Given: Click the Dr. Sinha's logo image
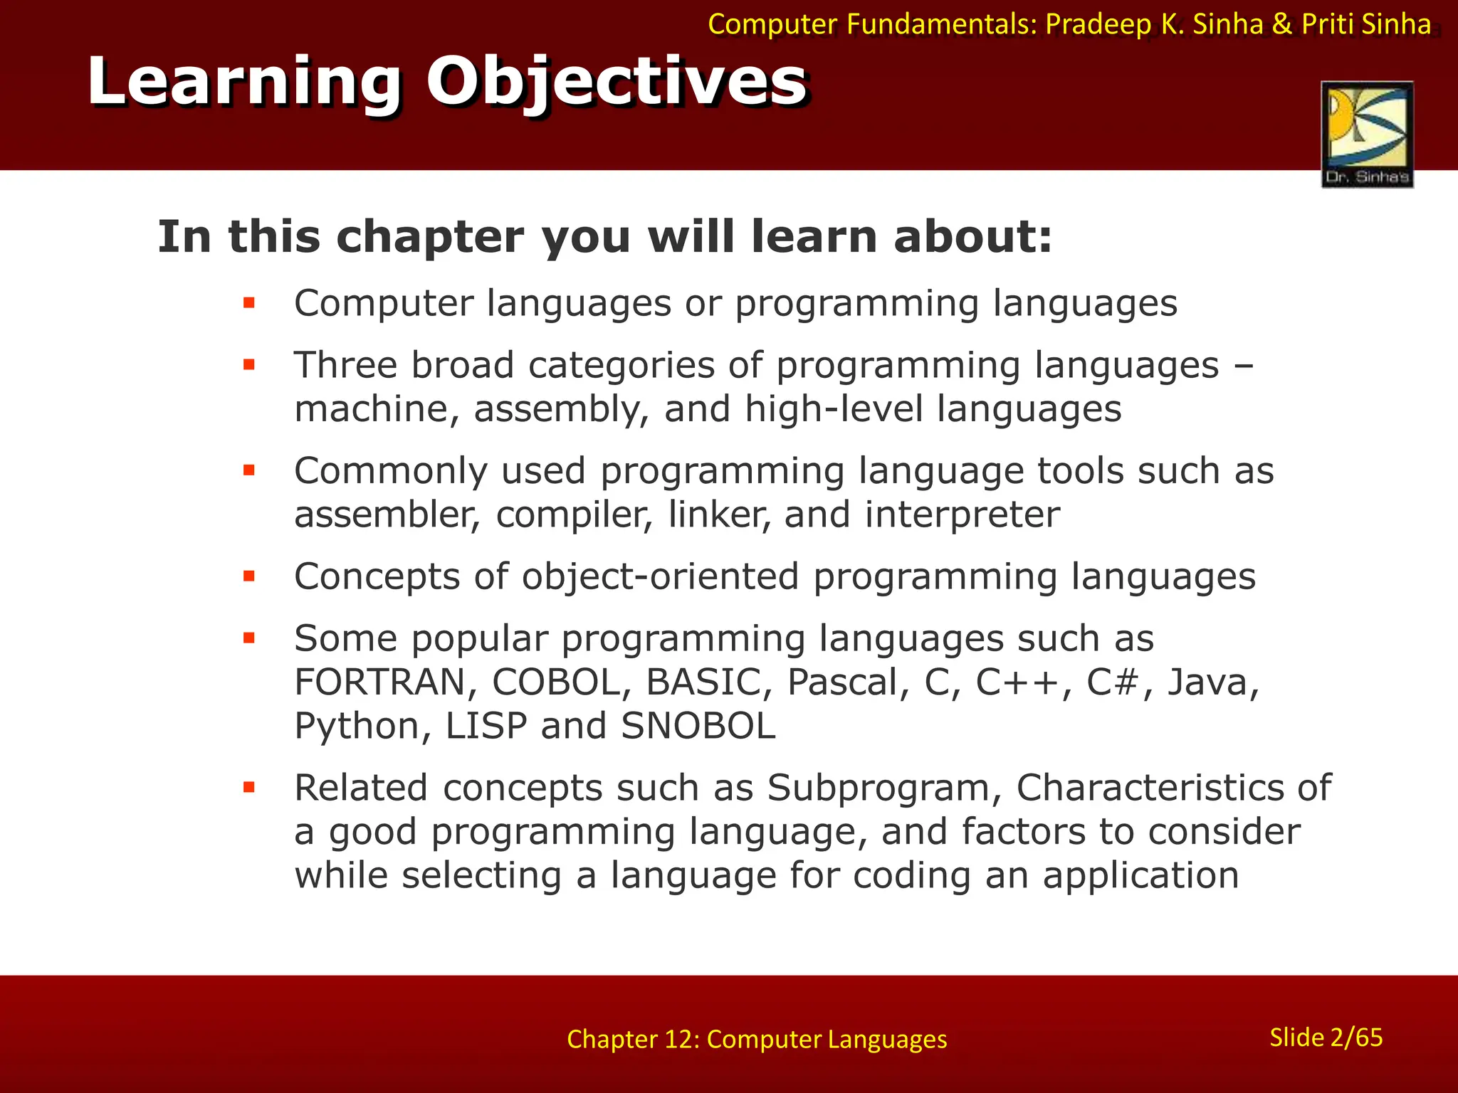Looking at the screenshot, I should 1367,134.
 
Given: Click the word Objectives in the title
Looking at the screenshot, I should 617,81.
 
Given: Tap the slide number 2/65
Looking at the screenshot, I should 1326,1037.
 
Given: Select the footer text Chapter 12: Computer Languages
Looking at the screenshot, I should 757,1040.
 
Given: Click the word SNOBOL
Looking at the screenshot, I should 698,727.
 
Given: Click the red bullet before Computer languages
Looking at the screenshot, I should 248,304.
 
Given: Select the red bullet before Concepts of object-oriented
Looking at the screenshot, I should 248,576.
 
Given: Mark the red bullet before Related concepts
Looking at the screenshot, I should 248,788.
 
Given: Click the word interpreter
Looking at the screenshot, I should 962,514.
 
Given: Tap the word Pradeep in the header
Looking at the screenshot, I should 1098,25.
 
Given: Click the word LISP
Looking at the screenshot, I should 486,727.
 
